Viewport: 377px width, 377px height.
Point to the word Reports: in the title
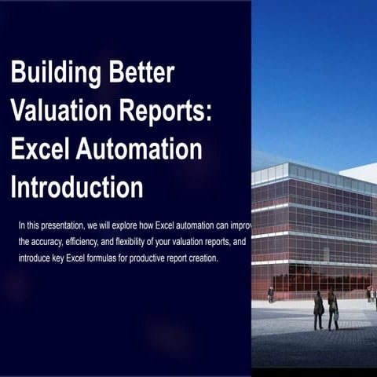click(170, 112)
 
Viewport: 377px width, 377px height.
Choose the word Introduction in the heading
click(76, 187)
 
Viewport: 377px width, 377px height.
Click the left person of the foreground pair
click(318, 309)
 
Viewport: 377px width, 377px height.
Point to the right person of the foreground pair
click(332, 309)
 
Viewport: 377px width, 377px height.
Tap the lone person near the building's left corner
click(271, 295)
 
